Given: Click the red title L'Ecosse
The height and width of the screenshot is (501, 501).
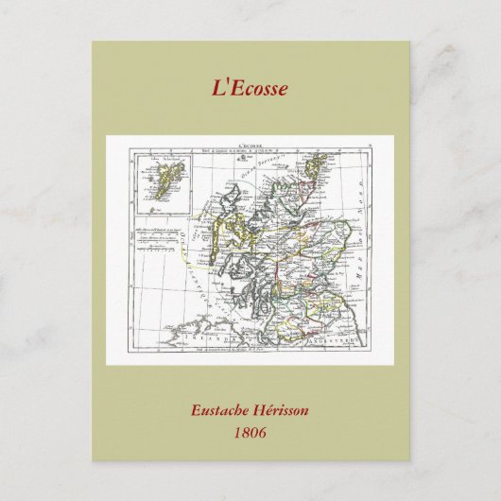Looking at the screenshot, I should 250,88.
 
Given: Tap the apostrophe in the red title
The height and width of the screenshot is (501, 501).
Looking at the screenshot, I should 226,83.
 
